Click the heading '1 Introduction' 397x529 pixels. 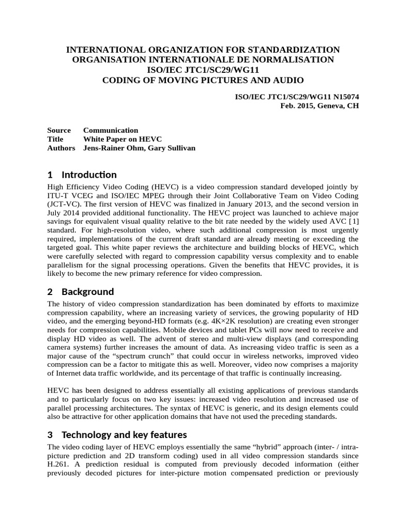[82, 175]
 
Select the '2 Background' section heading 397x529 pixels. [80, 292]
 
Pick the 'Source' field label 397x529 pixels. [59, 130]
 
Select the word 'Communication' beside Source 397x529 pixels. [111, 130]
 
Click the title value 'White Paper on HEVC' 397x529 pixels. [123, 139]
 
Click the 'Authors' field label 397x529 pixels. [61, 148]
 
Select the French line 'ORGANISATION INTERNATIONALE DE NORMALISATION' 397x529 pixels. [204, 59]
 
